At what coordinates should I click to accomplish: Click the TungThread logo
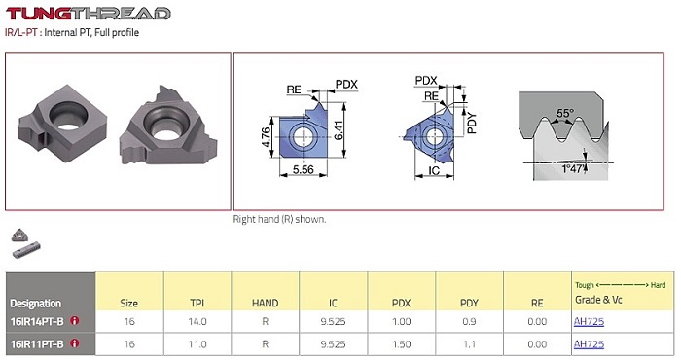(x=89, y=13)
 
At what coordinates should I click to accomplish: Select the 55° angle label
(x=565, y=113)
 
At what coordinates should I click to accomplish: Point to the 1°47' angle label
(x=574, y=168)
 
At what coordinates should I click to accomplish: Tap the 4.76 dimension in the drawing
(x=266, y=137)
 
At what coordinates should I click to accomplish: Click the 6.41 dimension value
(x=339, y=129)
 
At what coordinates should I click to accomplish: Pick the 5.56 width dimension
(x=304, y=169)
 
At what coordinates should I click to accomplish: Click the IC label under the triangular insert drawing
(x=434, y=170)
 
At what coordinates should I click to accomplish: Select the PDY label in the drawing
(x=472, y=123)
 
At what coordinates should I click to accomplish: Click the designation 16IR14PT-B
(x=37, y=321)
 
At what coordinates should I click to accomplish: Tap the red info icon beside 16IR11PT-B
(x=74, y=343)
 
